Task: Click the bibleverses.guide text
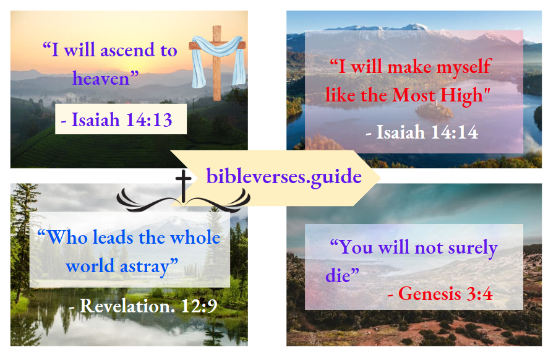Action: click(284, 176)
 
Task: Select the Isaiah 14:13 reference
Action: click(121, 119)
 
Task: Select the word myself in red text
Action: click(463, 66)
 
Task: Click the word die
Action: click(338, 275)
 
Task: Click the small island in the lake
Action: click(434, 109)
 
